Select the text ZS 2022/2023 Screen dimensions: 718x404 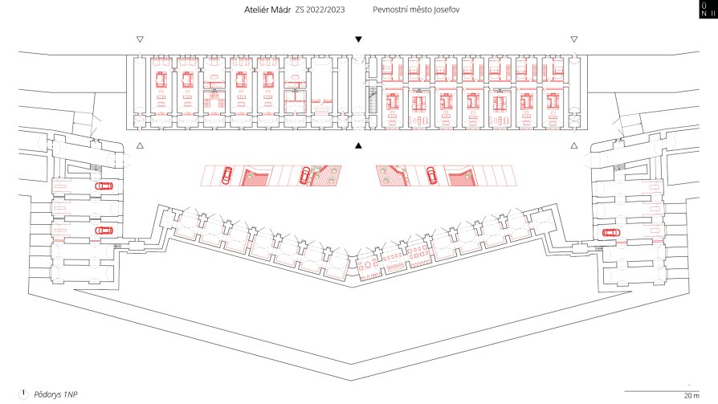click(320, 10)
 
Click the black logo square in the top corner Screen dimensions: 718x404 click(708, 9)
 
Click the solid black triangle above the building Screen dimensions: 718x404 click(358, 39)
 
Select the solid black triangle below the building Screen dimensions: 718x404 click(358, 145)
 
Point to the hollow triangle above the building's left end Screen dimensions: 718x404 click(140, 39)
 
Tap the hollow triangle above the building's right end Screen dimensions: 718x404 click(573, 39)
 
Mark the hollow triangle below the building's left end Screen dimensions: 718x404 click(140, 145)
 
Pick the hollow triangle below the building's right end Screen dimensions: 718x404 click(573, 145)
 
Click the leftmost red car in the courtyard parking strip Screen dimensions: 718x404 click(226, 175)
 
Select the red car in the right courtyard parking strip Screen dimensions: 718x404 click(432, 175)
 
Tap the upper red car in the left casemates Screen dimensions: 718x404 click(104, 186)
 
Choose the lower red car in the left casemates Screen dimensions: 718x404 click(104, 231)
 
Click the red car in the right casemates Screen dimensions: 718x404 click(611, 233)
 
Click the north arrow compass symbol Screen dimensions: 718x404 click(23, 394)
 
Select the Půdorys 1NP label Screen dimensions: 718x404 click(56, 394)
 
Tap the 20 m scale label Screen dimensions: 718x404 click(691, 396)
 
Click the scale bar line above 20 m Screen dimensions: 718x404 click(662, 391)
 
